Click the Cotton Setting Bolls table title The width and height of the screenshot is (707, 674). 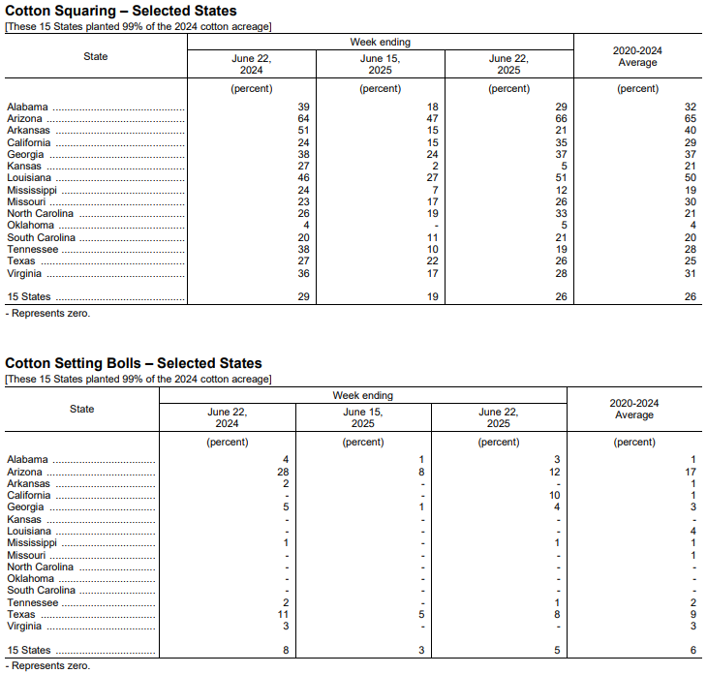[x=134, y=363]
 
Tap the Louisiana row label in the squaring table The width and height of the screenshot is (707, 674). [x=29, y=178]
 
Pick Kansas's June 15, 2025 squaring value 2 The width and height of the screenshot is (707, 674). [x=434, y=167]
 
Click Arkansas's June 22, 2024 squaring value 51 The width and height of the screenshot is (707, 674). [x=303, y=131]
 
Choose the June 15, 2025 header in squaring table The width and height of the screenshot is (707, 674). [x=380, y=64]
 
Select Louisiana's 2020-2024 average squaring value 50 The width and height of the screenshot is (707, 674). [x=690, y=178]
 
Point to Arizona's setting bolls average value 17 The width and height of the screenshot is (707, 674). [x=691, y=472]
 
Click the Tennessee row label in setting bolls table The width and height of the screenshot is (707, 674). [x=34, y=602]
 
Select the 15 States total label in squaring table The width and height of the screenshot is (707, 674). [x=29, y=297]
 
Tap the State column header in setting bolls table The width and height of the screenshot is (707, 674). [x=82, y=409]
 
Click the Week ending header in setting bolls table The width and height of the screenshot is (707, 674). [x=363, y=395]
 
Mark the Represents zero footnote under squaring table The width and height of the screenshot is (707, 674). [x=47, y=314]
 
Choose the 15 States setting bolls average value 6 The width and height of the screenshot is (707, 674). [x=693, y=650]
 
